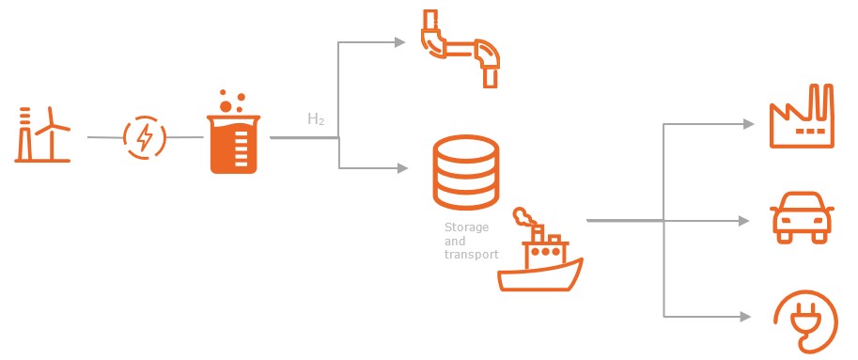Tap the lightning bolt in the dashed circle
[145, 138]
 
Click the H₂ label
[317, 119]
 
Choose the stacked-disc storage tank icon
[465, 174]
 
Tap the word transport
[470, 254]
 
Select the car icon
[801, 218]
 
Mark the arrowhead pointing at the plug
[746, 316]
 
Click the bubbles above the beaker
[232, 99]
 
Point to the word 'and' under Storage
[454, 241]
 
